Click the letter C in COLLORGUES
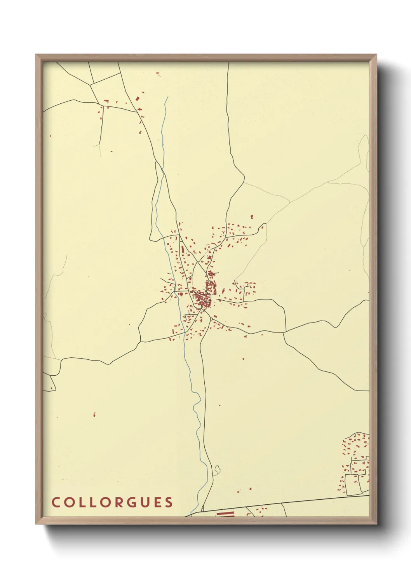[x=56, y=502]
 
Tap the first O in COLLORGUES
[x=69, y=502]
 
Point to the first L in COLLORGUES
[x=81, y=502]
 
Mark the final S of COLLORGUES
[x=169, y=502]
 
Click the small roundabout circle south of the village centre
[x=211, y=319]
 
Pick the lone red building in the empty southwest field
[x=94, y=415]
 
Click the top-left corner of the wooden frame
[x=36, y=55]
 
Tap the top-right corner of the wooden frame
[x=376, y=55]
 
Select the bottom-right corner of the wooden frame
[x=376, y=524]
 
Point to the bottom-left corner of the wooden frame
[x=36, y=524]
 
